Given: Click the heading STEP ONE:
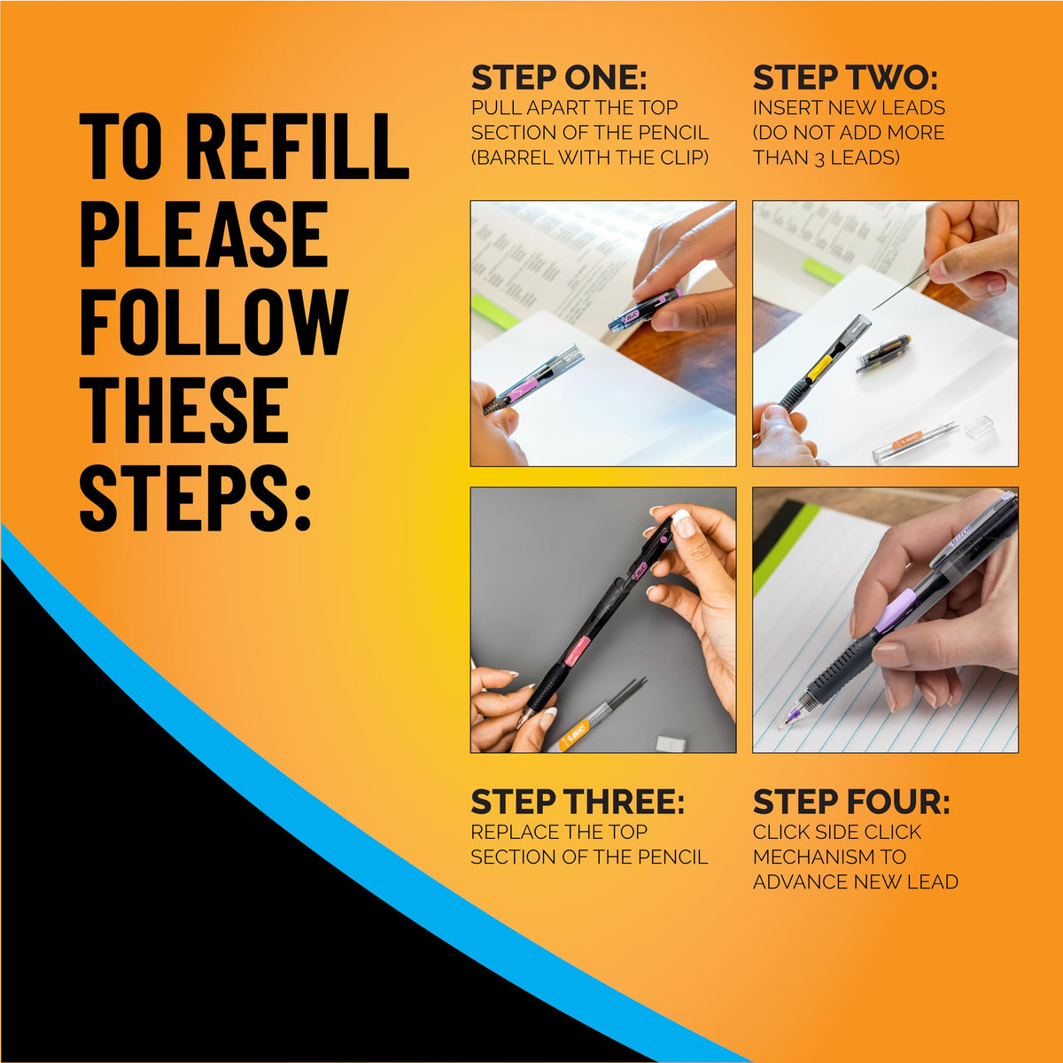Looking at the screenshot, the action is pyautogui.click(x=559, y=78).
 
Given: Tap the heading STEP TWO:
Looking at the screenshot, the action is pyautogui.click(x=845, y=78).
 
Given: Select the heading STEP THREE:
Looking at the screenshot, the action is pyautogui.click(x=578, y=803).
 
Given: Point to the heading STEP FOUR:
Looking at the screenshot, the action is pyautogui.click(x=851, y=803).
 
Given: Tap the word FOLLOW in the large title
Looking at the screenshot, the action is pyautogui.click(x=214, y=322).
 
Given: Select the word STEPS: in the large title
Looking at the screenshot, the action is pyautogui.click(x=196, y=498).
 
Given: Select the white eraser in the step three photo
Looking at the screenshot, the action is pyautogui.click(x=672, y=743).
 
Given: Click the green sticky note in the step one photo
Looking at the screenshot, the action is pyautogui.click(x=495, y=313).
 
